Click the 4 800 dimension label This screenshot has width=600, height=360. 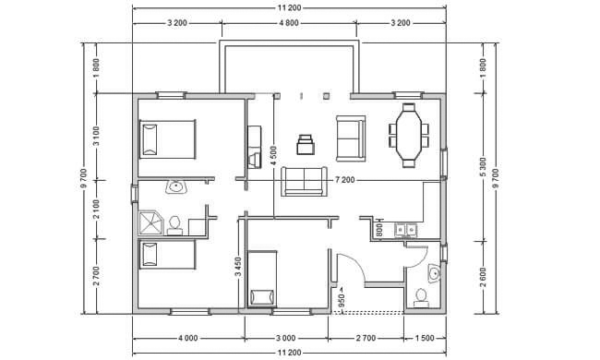pos(289,23)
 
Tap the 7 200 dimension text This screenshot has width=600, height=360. pos(345,180)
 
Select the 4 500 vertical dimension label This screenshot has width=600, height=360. pos(273,157)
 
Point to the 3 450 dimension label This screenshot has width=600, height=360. pos(238,267)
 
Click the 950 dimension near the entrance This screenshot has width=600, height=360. pos(342,300)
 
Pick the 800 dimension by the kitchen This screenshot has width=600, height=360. pos(379,230)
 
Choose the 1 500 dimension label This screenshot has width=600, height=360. pos(425,338)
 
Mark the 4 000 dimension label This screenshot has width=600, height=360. pos(188,338)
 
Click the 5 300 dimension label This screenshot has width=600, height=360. pos(483,167)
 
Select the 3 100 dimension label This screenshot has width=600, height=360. pos(96,137)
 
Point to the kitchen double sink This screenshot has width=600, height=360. pos(405,230)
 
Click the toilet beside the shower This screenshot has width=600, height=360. pos(174,225)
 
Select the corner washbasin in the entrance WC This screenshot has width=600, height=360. pos(435,273)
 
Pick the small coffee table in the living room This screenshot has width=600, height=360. pos(306,144)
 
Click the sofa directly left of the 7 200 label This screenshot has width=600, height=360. pos(305,181)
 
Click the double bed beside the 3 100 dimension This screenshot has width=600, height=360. pos(168,139)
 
